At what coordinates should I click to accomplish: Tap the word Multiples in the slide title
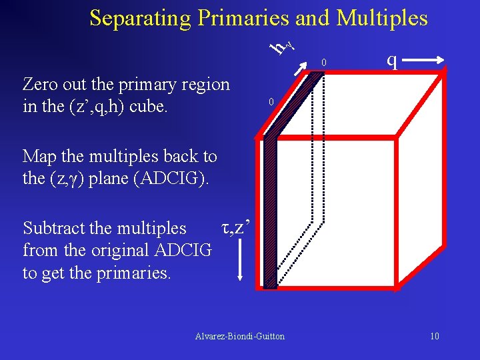click(x=382, y=18)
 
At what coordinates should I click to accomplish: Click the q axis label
click(x=393, y=61)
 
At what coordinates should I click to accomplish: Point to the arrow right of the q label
click(x=424, y=61)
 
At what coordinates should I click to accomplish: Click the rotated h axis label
click(x=283, y=46)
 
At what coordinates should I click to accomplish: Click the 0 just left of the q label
click(x=323, y=63)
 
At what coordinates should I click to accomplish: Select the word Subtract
click(x=59, y=228)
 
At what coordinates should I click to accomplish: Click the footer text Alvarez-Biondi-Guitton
click(x=239, y=336)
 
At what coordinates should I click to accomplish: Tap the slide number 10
click(x=434, y=336)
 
